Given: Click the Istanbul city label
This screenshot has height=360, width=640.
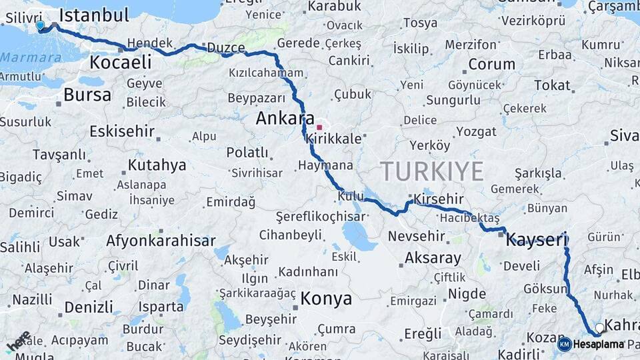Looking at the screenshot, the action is coord(94,15).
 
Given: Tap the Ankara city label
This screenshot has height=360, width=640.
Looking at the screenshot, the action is coord(285,119).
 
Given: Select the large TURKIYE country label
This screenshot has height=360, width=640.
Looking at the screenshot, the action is coord(432,171).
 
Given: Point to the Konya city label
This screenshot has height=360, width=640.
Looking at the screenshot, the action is coord(326,298).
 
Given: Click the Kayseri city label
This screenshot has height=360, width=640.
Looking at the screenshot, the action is coord(535,240).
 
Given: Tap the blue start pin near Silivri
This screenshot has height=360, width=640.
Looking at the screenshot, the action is coord(40,26).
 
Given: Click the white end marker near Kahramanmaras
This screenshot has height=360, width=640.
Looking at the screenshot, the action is coord(599,328).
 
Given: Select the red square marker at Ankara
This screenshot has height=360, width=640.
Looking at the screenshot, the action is coord(319,127).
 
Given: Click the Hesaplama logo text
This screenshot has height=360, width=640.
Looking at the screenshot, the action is coord(598,344).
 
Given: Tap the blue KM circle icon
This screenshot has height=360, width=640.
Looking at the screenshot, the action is coord(564,344).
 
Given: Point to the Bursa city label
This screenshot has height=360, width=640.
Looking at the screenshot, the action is coord(87,95).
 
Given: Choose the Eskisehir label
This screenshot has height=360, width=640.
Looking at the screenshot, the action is coord(122,131).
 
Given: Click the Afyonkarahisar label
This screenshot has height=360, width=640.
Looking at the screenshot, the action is coord(161,241).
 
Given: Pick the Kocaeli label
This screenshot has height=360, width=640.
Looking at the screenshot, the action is coord(120,63).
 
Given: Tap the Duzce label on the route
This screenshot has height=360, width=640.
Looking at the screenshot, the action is coord(226,48).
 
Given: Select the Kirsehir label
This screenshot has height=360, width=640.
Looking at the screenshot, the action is coord(438,199).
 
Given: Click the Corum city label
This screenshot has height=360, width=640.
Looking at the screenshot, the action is coord(491,65).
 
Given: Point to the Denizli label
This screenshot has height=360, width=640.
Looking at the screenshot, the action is coord(89,307).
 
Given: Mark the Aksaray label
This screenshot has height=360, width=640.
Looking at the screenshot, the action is coord(433,258).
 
